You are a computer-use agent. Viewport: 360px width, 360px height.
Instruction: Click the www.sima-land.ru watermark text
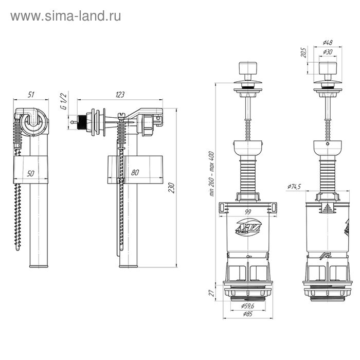66,16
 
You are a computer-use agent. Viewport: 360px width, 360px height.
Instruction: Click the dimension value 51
31,95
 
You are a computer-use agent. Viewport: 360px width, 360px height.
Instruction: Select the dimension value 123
119,95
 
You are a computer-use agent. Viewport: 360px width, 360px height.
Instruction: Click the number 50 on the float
31,173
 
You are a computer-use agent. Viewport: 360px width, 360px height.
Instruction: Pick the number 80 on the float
135,173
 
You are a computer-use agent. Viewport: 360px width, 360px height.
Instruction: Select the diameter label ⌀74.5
295,186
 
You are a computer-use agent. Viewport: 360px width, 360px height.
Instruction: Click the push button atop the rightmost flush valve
327,69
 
